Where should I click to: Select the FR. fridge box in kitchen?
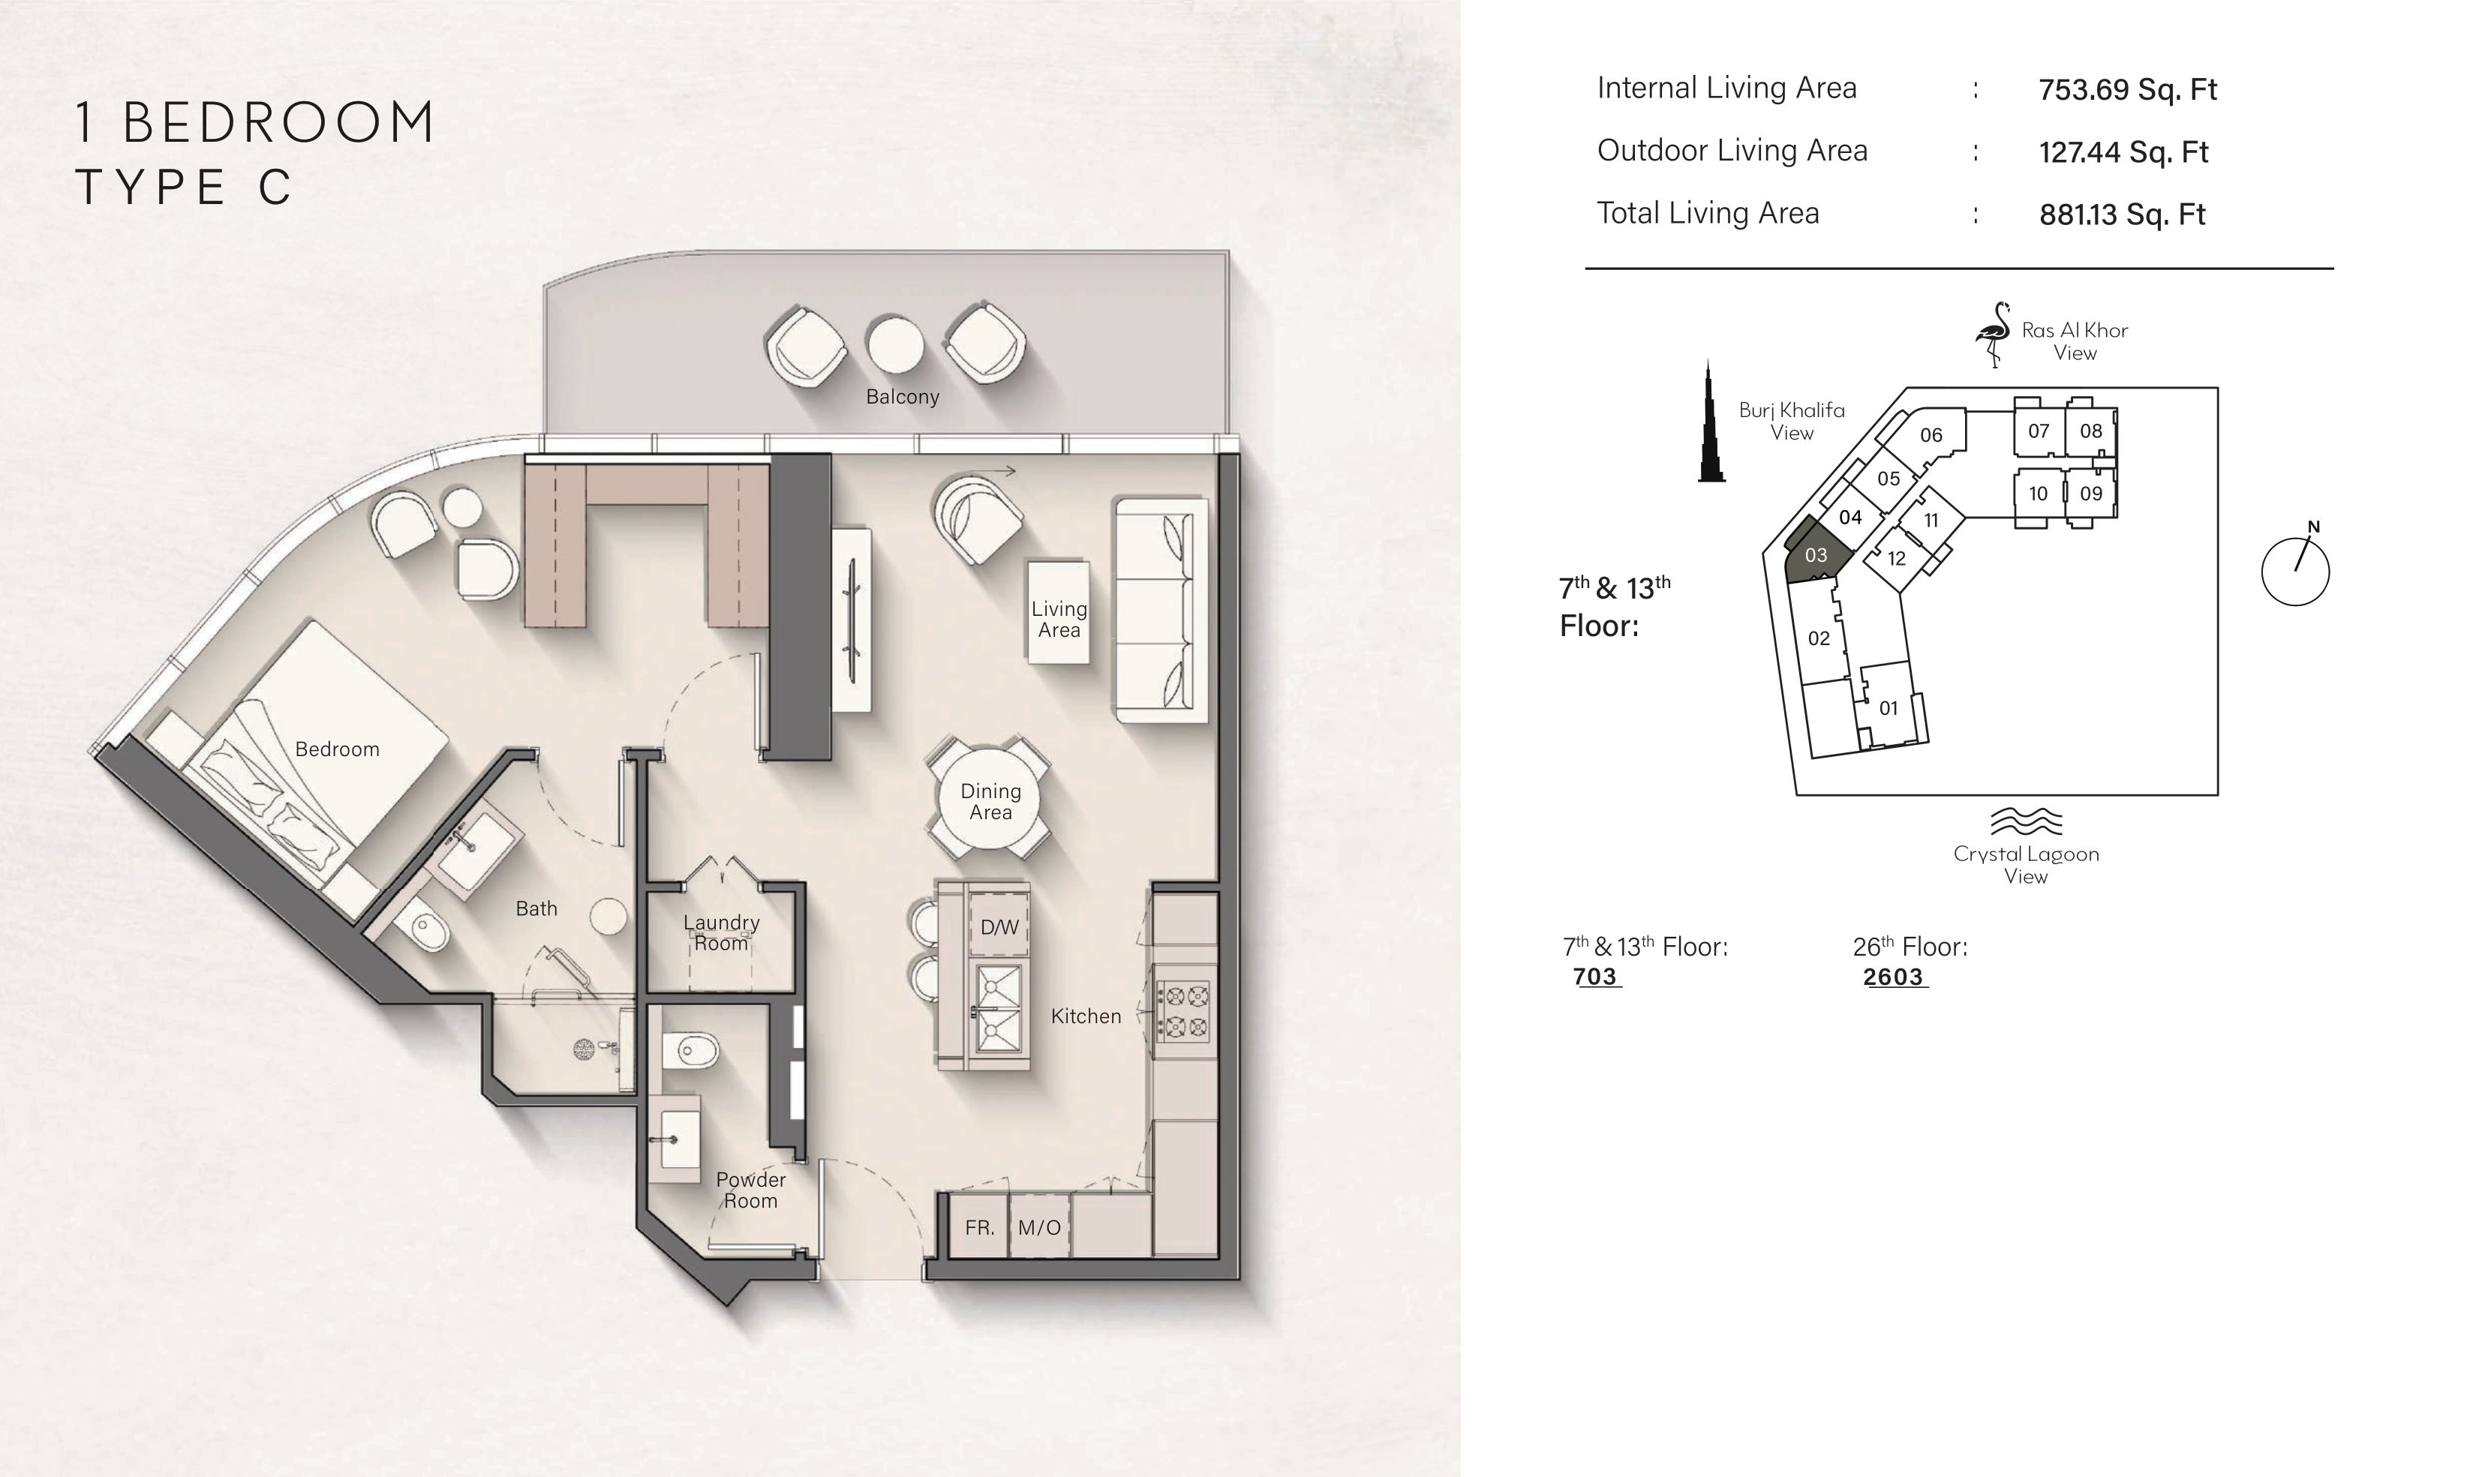(x=979, y=1227)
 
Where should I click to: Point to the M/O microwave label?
(x=1039, y=1227)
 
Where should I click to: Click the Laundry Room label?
(x=722, y=932)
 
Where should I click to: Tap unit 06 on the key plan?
(x=1931, y=435)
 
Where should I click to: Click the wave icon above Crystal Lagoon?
(x=2025, y=821)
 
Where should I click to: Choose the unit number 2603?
(x=1893, y=977)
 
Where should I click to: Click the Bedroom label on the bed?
(x=338, y=749)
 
